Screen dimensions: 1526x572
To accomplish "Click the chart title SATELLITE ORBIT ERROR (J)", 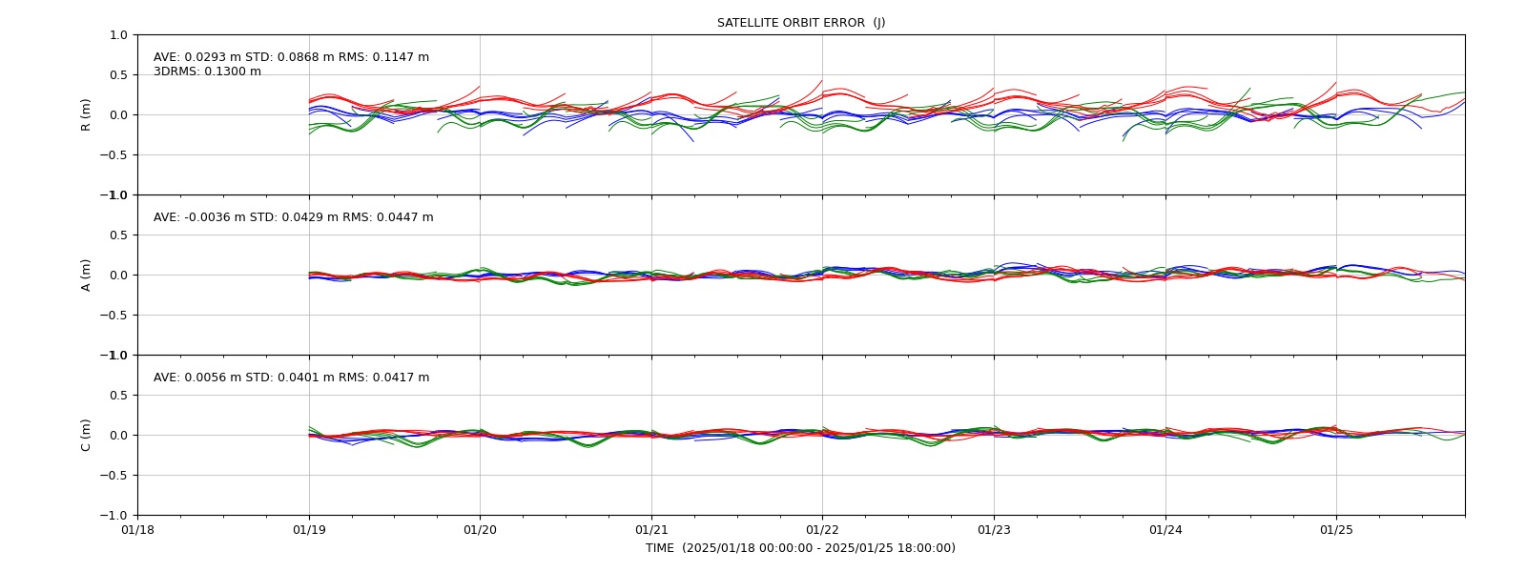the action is click(800, 23).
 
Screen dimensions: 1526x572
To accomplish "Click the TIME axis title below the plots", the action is click(800, 548).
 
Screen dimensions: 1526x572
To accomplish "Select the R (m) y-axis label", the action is click(86, 115).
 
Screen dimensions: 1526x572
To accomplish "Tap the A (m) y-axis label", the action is click(86, 276).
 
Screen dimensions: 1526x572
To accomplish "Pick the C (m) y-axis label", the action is click(86, 435).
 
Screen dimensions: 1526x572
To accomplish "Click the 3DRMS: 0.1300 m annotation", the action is click(207, 71).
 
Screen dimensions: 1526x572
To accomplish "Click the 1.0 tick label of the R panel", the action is click(118, 34).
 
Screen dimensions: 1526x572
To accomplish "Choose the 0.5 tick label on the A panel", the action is click(118, 235).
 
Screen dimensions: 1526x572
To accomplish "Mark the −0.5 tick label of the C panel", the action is click(113, 476).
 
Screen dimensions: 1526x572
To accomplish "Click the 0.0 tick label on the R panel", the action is click(118, 115).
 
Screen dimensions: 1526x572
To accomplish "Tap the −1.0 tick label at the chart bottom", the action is click(113, 516).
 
